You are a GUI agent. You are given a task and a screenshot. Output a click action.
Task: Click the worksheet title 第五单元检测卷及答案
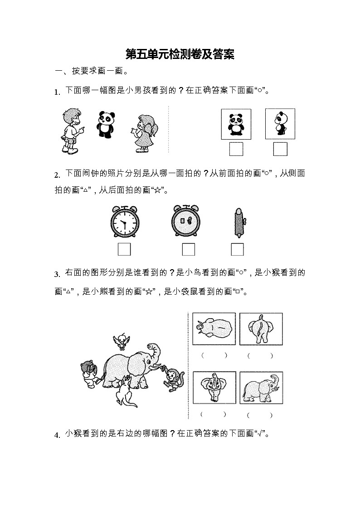(180, 55)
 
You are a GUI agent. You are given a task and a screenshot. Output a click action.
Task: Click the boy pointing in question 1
(70, 131)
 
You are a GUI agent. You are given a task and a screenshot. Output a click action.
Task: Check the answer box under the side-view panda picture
(280, 149)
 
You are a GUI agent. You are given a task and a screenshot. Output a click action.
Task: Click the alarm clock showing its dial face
(125, 223)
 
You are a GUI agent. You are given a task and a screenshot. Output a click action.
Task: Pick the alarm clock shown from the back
(186, 222)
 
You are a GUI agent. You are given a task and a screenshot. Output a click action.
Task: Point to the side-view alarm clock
(238, 223)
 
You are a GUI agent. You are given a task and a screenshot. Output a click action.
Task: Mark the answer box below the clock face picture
(124, 249)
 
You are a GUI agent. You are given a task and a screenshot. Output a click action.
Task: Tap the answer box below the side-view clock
(237, 249)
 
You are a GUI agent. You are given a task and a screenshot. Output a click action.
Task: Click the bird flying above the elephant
(122, 339)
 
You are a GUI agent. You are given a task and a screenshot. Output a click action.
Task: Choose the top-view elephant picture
(214, 329)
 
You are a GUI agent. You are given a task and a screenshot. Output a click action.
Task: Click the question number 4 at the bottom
(57, 436)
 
